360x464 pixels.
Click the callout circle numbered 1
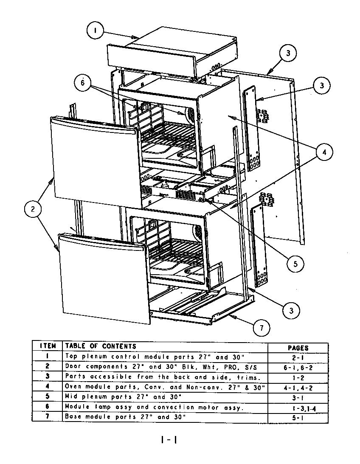(96, 31)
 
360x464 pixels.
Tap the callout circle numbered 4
(323, 152)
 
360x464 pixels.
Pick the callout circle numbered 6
(82, 83)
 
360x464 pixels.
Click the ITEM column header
(48, 346)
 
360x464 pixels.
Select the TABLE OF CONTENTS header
(101, 346)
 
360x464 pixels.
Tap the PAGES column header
(298, 348)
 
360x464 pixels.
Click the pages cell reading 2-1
(298, 357)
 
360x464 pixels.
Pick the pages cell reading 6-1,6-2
(298, 367)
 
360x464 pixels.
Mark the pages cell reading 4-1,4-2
(298, 387)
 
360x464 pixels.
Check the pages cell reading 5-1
(298, 417)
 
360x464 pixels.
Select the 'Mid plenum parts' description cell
(123, 397)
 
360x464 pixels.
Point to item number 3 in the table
(48, 377)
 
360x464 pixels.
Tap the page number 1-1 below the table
(169, 440)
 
